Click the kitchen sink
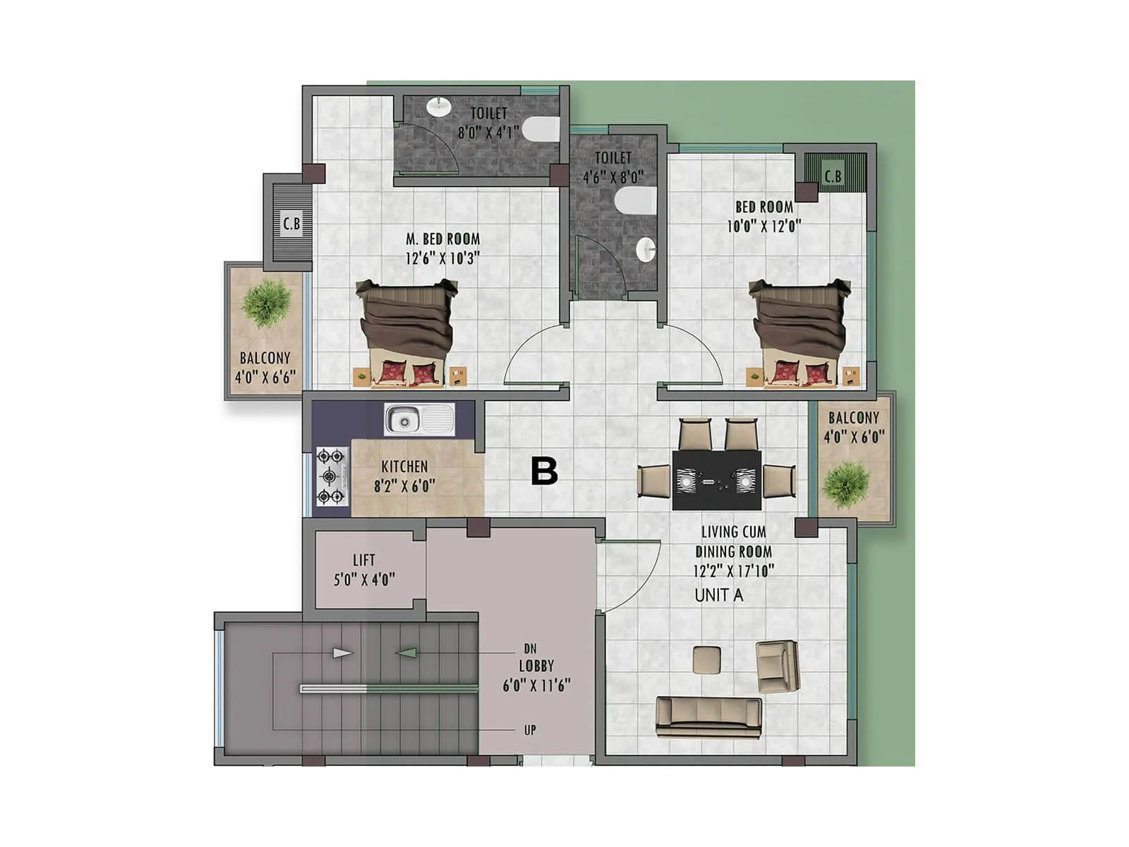pos(419,420)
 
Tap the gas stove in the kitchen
pos(331,476)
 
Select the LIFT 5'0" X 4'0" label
pos(364,570)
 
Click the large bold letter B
pos(544,471)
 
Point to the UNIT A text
pos(718,595)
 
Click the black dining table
pos(716,481)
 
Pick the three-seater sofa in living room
pos(708,717)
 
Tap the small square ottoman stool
pos(706,659)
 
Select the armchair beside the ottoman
pos(777,666)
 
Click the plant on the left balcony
pos(266,303)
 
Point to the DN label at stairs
pos(530,649)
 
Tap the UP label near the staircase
pos(530,731)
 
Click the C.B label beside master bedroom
pos(291,224)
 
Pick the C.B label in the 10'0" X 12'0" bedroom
pos(833,176)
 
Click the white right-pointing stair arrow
pos(342,653)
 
